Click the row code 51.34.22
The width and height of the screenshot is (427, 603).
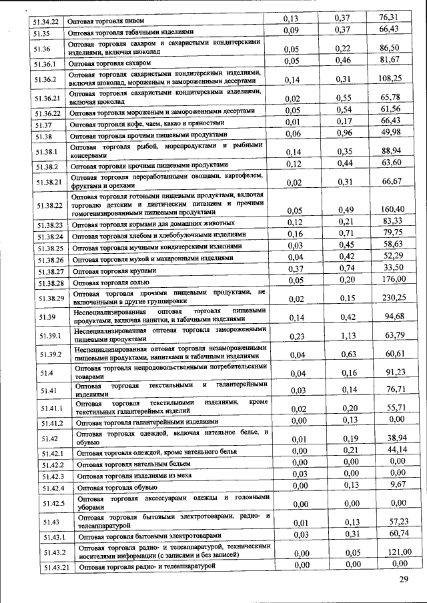pos(45,21)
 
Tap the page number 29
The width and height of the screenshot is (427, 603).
pos(403,579)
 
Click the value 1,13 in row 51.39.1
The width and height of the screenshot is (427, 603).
pos(344,336)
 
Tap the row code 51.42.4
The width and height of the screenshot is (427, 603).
pos(52,488)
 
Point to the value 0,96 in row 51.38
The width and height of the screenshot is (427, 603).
pos(343,133)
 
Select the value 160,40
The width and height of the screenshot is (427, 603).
pos(393,210)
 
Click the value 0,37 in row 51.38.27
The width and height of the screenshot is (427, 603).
pos(297,267)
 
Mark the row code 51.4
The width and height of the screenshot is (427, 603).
pos(47,372)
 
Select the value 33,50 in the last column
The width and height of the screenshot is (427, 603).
pos(393,267)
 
